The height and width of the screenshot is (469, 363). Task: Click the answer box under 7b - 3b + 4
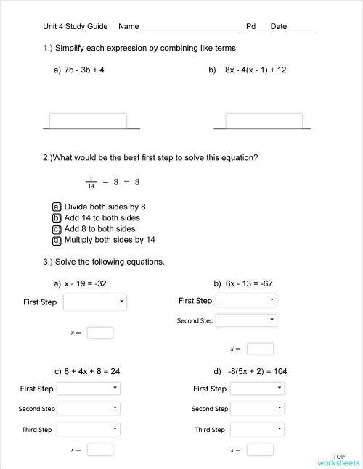88,120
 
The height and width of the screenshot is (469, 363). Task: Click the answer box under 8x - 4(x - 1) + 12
264,120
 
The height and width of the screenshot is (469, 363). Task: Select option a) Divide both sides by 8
56,207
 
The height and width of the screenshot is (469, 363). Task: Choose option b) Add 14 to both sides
56,217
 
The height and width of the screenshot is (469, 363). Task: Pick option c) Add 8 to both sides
56,229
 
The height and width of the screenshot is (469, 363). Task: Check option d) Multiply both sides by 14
56,240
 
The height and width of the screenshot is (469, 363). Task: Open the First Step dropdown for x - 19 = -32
95,302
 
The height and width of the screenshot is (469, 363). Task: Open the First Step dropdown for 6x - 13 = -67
246,300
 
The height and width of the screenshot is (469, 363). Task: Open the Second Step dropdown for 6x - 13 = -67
246,320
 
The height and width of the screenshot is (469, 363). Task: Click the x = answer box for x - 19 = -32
100,333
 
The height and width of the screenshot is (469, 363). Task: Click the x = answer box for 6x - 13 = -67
260,349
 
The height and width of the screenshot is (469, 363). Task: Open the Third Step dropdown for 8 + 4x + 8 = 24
88,429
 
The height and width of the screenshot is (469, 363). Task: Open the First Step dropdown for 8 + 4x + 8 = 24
88,389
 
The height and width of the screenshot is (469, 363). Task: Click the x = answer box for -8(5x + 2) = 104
260,449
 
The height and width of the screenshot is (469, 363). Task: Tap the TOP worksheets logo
338,460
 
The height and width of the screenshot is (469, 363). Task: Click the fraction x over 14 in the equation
91,182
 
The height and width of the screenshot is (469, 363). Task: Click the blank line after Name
190,28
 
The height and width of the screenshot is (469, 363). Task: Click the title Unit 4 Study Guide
76,27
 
